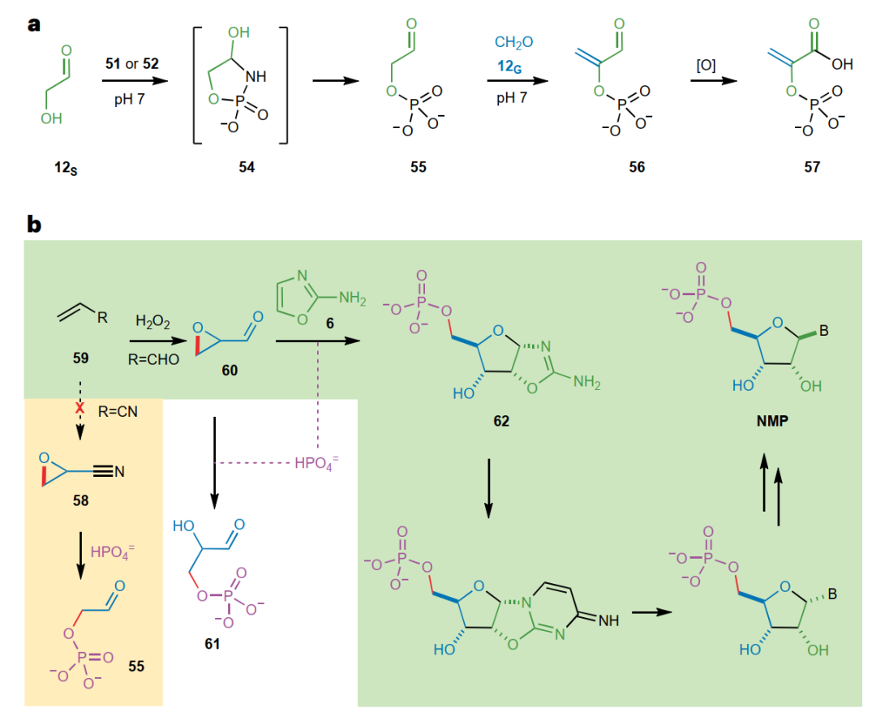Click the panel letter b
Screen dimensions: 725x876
[34, 224]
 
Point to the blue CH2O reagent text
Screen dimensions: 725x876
[514, 41]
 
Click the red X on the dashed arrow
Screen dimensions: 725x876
[79, 410]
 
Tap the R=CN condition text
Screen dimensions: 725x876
[118, 412]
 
